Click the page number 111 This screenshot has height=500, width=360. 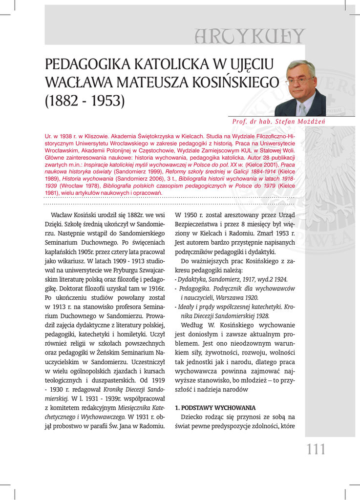[316, 449]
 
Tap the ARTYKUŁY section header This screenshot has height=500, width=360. [250, 36]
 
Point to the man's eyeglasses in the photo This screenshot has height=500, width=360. [298, 81]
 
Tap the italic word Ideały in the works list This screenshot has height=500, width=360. [188, 307]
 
